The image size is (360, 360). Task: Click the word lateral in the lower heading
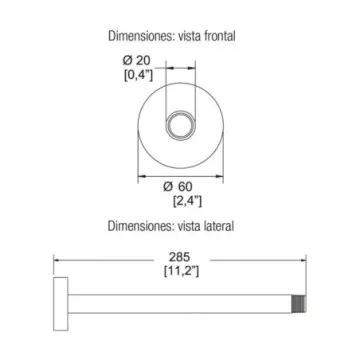pos(219,226)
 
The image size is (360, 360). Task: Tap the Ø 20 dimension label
pos(136,60)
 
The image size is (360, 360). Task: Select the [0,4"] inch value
pos(138,76)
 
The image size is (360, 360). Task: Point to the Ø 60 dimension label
pos(178,186)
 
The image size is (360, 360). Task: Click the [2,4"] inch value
pos(187,201)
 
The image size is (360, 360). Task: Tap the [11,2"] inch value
pos(182,272)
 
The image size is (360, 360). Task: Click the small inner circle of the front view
pos(180,126)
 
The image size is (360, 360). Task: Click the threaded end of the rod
pos(299,304)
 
